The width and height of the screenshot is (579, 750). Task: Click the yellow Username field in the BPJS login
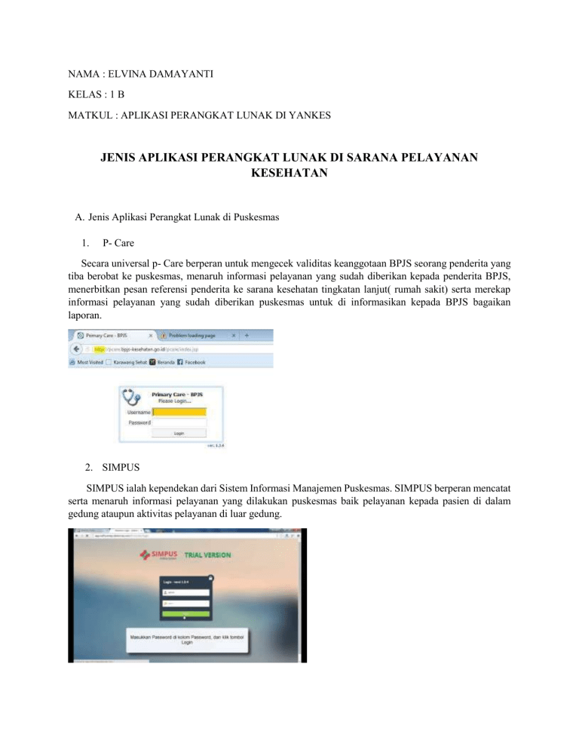click(x=179, y=412)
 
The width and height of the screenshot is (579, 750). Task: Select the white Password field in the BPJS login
click(x=179, y=423)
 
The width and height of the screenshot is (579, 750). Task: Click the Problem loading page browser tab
click(x=192, y=334)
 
